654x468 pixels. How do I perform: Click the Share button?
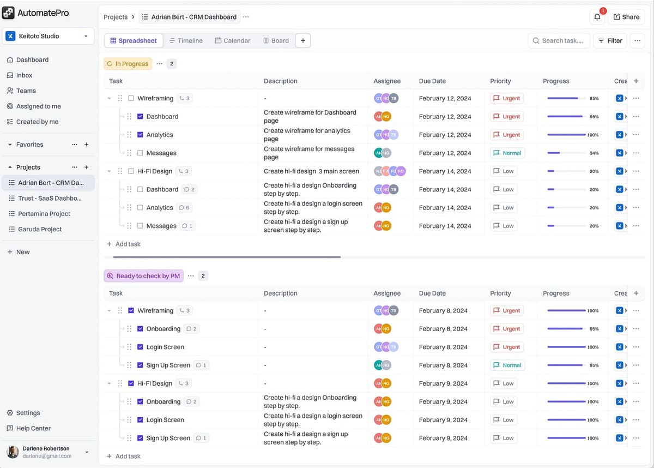[626, 17]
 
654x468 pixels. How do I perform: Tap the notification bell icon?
[597, 17]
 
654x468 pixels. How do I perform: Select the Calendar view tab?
[233, 40]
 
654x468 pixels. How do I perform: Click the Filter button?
[610, 40]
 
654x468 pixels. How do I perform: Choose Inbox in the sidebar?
[24, 75]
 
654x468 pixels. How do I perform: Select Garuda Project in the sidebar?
[40, 229]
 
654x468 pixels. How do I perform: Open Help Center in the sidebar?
[33, 428]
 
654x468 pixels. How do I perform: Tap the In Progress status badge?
[128, 64]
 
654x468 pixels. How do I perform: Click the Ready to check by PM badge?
[144, 276]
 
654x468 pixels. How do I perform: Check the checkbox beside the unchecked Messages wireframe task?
[140, 153]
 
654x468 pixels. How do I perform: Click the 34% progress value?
[594, 153]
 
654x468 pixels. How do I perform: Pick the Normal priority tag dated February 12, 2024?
[507, 153]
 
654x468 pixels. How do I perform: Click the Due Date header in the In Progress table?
[432, 81]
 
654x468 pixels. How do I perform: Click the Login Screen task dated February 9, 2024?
[165, 420]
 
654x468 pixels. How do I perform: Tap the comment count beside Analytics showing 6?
[184, 208]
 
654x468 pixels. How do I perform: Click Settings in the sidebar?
[28, 413]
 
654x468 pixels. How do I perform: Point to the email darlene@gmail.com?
[47, 456]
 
